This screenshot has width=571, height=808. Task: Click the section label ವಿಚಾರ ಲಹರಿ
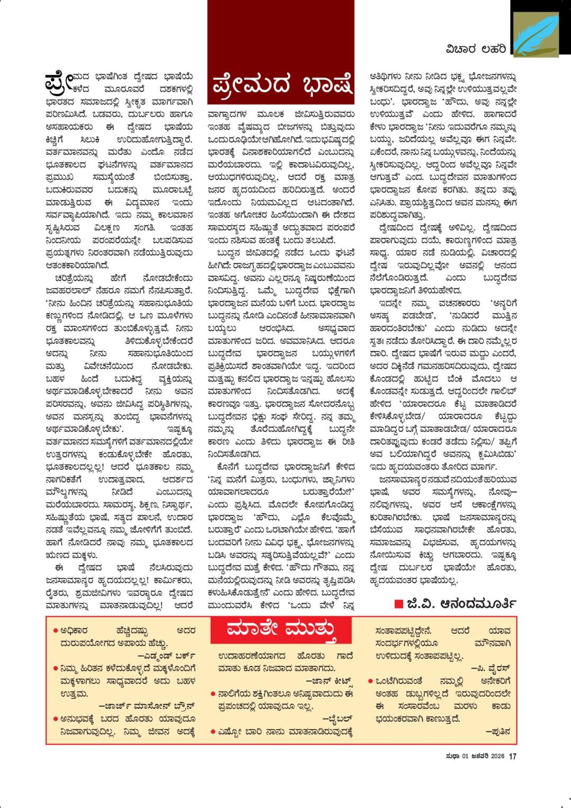pos(475,49)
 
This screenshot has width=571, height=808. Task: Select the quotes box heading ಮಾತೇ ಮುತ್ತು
pos(281,629)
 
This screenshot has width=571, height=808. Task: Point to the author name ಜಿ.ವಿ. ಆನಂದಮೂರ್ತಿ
pos(461,603)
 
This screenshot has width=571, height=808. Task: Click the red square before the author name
pos(398,604)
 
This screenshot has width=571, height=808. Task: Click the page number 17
pos(513,757)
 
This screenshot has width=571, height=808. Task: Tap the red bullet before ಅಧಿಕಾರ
pos(56,631)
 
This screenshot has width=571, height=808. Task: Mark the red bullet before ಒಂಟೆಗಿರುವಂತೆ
pos(371,681)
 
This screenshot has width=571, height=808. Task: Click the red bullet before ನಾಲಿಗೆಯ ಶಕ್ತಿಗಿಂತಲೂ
pos(213,694)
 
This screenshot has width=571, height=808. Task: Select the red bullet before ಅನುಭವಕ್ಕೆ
pos(56,719)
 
